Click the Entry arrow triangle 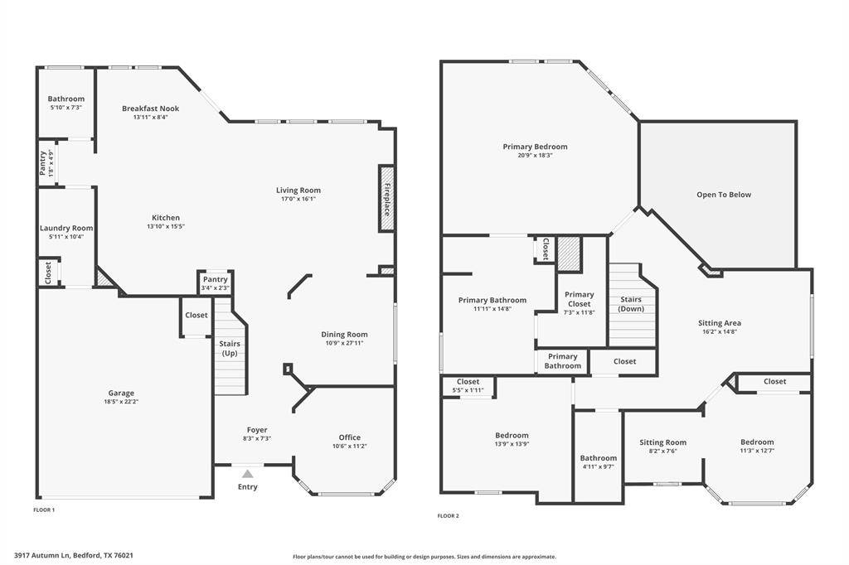[247, 474]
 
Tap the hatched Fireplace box [386, 199]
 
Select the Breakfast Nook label [151, 109]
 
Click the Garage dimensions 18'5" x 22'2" [121, 402]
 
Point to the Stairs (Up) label [230, 349]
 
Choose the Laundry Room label [66, 228]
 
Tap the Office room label [350, 437]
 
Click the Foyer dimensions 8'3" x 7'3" [257, 438]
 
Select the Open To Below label [724, 195]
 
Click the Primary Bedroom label [535, 147]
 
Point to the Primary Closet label [580, 299]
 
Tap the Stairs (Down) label [631, 303]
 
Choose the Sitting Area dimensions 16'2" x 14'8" [720, 331]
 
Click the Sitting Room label [662, 442]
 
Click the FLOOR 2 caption [449, 516]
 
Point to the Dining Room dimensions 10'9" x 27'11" [344, 343]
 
